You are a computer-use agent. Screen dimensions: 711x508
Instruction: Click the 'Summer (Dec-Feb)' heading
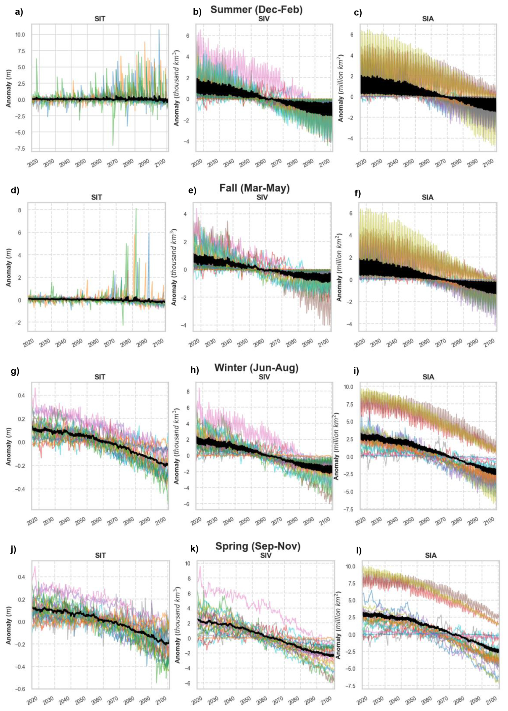pyautogui.click(x=256, y=10)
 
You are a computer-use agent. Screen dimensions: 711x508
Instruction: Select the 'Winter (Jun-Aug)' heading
pyautogui.click(x=256, y=367)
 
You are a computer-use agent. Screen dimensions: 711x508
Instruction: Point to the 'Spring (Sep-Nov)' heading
pyautogui.click(x=258, y=546)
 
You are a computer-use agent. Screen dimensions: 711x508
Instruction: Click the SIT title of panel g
pyautogui.click(x=100, y=377)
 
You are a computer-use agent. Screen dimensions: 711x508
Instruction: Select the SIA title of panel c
pyautogui.click(x=428, y=19)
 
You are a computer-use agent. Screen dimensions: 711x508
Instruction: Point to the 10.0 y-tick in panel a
pyautogui.click(x=20, y=34)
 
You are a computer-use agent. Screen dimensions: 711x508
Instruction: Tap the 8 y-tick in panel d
pyautogui.click(x=19, y=210)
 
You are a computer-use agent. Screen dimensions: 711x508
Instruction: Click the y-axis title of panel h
pyautogui.click(x=177, y=446)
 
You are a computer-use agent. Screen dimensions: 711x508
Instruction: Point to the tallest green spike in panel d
pyautogui.click(x=136, y=209)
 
